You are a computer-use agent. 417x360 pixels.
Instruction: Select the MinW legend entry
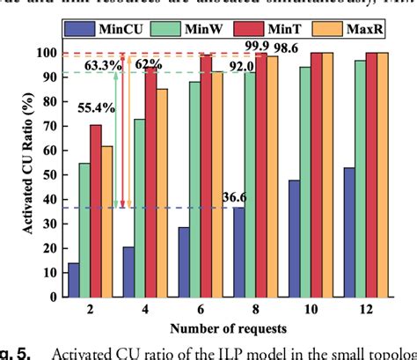click(197, 30)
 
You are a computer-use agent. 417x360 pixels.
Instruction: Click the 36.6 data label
click(235, 197)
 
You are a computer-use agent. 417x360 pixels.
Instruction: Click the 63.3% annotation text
click(97, 63)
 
